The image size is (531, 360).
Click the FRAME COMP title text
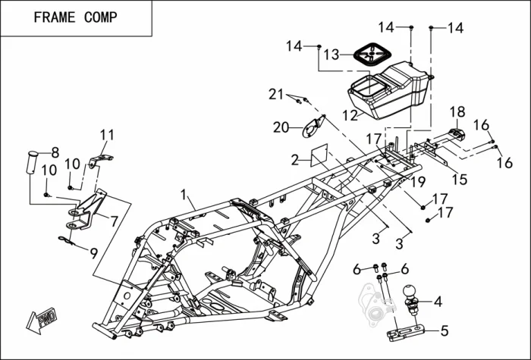pyautogui.click(x=75, y=17)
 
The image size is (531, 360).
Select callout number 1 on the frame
pyautogui.click(x=183, y=196)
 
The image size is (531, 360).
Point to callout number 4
pyautogui.click(x=438, y=301)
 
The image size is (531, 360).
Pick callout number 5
pyautogui.click(x=445, y=330)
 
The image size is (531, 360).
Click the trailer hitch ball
pyautogui.click(x=410, y=293)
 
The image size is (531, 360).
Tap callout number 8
pyautogui.click(x=55, y=152)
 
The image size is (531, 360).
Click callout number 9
pyautogui.click(x=94, y=252)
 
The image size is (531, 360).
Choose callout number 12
pyautogui.click(x=350, y=115)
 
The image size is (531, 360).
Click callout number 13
pyautogui.click(x=331, y=55)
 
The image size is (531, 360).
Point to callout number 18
pyautogui.click(x=457, y=112)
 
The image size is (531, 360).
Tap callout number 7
pyautogui.click(x=115, y=222)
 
